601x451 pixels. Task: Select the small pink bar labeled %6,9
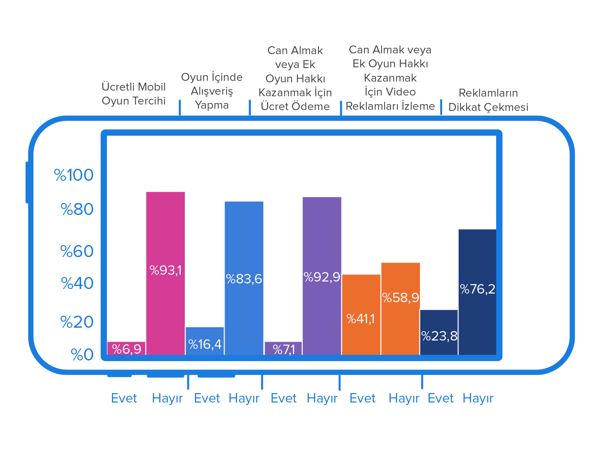coord(126,348)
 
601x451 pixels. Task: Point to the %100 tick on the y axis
coord(74,175)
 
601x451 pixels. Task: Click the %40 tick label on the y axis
coord(77,283)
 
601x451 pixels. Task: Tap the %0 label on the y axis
coord(82,355)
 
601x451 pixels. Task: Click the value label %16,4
coord(205,344)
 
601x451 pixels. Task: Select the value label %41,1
coord(361,319)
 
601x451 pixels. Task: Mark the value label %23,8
coord(439,336)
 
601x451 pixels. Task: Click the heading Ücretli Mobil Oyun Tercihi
coord(134,94)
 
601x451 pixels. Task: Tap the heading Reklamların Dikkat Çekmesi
coord(488,100)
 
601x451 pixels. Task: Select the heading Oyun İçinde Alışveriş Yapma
coord(212,91)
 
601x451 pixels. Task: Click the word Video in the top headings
coord(400,92)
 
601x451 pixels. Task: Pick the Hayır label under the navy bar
coord(478,398)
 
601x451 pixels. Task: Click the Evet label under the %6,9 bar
coord(124,398)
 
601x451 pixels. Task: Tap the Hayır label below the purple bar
coord(322,398)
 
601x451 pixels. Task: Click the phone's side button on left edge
coord(27,182)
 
